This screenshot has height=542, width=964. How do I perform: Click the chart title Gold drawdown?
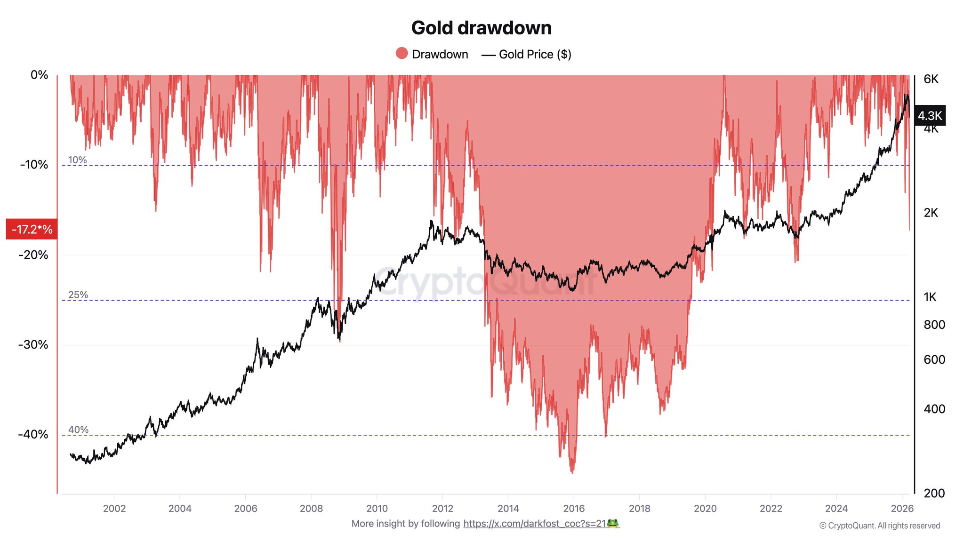point(481,28)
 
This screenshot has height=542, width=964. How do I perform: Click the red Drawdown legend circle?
point(402,54)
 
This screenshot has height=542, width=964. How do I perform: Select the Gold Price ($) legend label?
point(535,55)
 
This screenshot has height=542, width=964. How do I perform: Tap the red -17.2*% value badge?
point(32,229)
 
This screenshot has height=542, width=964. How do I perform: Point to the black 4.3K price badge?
point(930,115)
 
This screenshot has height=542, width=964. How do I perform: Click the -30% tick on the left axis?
point(33,344)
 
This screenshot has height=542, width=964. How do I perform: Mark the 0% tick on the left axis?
point(39,75)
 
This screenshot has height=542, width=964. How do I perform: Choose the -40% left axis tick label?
point(33,434)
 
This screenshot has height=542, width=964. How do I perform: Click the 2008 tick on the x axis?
point(311,508)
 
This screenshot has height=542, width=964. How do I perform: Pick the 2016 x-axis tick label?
point(574,508)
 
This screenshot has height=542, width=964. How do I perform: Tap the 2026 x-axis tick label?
point(902,508)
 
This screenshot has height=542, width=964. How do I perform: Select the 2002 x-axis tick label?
point(114,508)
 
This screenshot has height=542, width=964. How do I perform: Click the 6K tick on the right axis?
point(931,79)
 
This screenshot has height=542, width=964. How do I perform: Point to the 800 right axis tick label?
point(934,325)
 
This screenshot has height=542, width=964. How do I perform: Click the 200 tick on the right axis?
point(934,493)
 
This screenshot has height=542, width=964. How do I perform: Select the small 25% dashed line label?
point(78,295)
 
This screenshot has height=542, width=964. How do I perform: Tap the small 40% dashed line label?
point(78,430)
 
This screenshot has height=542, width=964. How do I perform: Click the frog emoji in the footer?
point(613,523)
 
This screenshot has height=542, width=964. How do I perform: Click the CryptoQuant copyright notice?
point(879,526)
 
